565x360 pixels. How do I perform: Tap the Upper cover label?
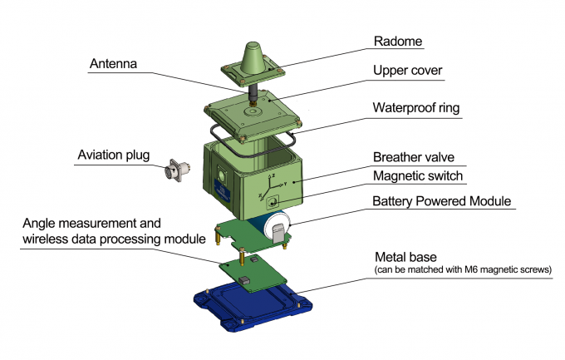(x=407, y=72)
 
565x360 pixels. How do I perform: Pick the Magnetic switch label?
(x=417, y=176)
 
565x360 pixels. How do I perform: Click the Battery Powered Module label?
(x=442, y=201)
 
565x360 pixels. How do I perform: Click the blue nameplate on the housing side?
(x=224, y=192)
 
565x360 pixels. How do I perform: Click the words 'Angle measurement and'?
(x=93, y=224)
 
